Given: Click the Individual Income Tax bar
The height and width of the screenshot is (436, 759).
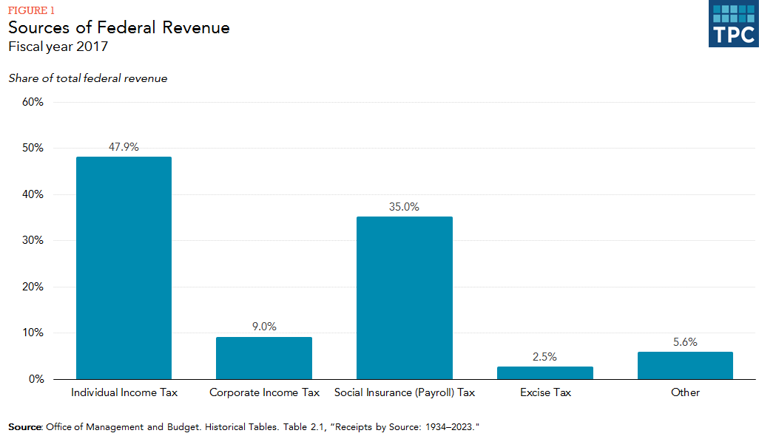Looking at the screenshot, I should pyautogui.click(x=124, y=268).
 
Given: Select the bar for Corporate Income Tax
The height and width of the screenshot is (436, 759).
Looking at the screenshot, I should pyautogui.click(x=264, y=358).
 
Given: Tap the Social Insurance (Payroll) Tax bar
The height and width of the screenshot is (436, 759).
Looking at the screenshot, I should pyautogui.click(x=404, y=298).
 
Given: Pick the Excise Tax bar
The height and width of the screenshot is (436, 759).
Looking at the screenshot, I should pyautogui.click(x=545, y=373).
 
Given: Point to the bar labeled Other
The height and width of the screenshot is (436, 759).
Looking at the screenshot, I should pyautogui.click(x=685, y=366).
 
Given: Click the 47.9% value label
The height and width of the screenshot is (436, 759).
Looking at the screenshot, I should pyautogui.click(x=124, y=147).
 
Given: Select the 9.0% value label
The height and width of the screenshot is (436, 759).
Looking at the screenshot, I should pyautogui.click(x=264, y=327).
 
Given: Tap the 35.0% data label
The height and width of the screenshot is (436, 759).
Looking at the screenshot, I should pyautogui.click(x=404, y=207).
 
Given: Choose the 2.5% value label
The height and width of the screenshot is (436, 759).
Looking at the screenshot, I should pyautogui.click(x=545, y=356).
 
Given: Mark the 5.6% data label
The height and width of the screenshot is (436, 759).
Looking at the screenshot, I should pyautogui.click(x=685, y=342).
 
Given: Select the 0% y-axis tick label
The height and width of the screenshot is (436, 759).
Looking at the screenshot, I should pyautogui.click(x=36, y=380).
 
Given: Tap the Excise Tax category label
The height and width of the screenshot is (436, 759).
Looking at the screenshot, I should pyautogui.click(x=545, y=392).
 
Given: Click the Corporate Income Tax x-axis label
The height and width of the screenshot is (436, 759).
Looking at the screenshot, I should pyautogui.click(x=264, y=392).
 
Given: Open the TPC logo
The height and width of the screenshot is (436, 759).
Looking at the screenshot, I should pyautogui.click(x=733, y=24).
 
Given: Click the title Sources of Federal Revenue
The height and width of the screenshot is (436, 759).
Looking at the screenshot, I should pyautogui.click(x=119, y=28).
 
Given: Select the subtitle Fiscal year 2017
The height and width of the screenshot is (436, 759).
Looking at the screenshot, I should pyautogui.click(x=58, y=47).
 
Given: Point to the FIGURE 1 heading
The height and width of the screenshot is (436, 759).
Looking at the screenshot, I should pyautogui.click(x=31, y=10).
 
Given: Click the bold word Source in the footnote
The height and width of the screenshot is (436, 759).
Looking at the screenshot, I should pyautogui.click(x=25, y=427).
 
